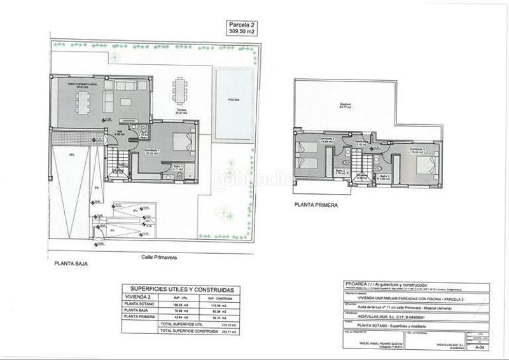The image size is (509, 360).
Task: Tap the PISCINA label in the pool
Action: tap(235, 100)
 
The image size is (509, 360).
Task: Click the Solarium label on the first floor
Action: tap(363, 106)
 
